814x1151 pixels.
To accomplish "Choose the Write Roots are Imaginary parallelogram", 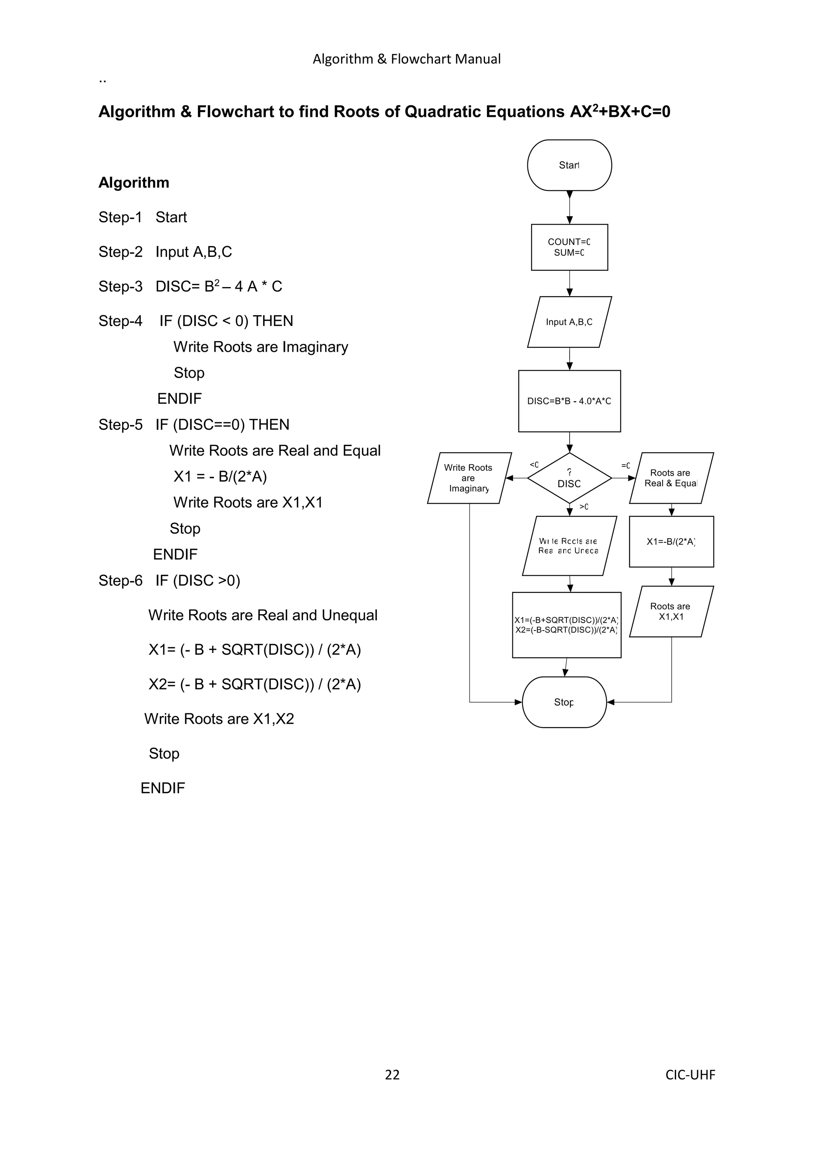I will (469, 478).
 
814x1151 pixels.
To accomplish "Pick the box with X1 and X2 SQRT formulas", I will (566, 625).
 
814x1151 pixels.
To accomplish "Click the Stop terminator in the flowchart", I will (564, 703).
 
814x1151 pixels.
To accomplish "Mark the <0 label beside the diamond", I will (534, 465).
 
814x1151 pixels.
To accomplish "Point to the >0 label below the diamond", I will (584, 507).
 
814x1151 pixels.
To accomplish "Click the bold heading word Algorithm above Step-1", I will (134, 182).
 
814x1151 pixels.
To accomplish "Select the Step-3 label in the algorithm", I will (120, 286).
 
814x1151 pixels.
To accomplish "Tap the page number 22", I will (392, 1075).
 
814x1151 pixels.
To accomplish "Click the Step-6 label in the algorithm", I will (120, 580).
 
